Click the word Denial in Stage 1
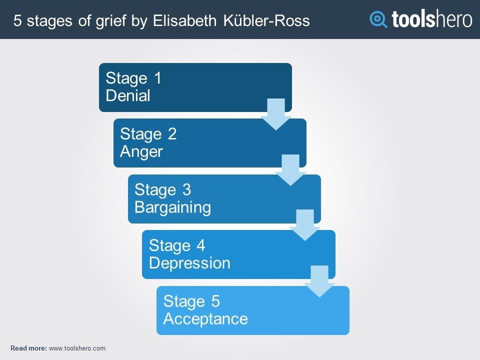point(128,95)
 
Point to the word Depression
point(189,263)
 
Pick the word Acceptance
point(205,319)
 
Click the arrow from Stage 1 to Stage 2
point(276,114)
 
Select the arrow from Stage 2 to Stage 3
point(290,170)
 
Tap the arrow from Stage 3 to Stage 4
point(305,225)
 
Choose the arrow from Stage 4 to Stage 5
point(319,281)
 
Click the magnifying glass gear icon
point(378,19)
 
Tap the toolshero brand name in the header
point(432,19)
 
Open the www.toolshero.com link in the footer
point(77,348)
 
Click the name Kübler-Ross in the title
point(266,21)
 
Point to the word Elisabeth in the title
point(184,21)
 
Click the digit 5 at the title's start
point(17,21)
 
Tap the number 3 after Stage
point(186,190)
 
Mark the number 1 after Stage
point(157,78)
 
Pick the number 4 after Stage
point(201,245)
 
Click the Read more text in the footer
point(29,348)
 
